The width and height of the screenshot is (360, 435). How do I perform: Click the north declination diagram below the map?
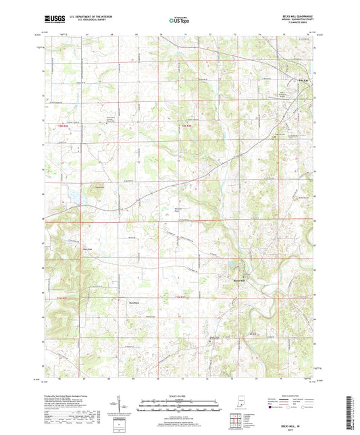point(124,404)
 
